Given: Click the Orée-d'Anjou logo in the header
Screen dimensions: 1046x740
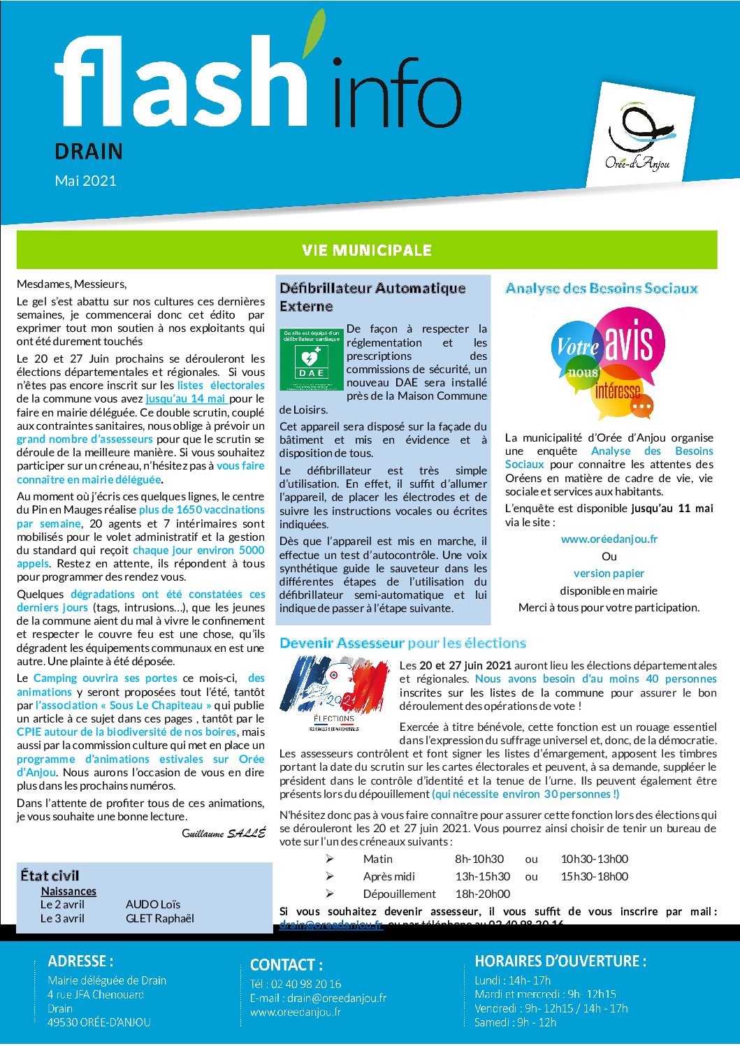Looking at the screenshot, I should point(637,136).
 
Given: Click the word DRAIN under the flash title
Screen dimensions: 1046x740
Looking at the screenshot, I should point(89,152).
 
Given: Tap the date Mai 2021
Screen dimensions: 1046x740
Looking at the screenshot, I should point(86,181).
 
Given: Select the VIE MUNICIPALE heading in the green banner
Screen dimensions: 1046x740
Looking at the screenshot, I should point(367,250).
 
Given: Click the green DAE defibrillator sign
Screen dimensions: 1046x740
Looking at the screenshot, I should point(312,359).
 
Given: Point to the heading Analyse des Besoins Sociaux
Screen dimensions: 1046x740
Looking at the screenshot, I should point(602,288).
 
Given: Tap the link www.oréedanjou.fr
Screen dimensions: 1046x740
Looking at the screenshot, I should point(609,539).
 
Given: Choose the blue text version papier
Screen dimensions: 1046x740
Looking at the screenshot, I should point(609,573).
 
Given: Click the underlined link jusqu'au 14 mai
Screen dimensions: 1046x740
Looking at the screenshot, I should point(186,398).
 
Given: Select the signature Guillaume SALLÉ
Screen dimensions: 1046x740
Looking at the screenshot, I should point(224,833).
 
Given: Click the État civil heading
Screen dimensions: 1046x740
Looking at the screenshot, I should point(50,876).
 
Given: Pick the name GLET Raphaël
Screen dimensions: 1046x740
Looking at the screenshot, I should point(160,918).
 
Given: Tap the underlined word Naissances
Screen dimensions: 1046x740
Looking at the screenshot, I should point(68,891).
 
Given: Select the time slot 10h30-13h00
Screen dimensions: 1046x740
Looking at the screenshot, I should point(594,859).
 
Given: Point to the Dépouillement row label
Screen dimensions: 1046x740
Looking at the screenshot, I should point(399,894).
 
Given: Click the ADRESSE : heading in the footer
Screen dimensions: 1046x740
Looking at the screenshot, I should point(80,961).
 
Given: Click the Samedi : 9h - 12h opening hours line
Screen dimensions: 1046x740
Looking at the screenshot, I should point(515,1022).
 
